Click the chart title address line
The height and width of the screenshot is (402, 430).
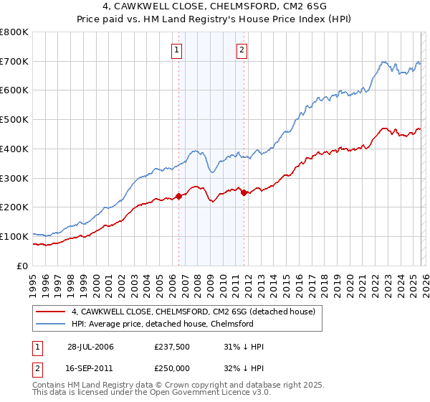pyautogui.click(x=215, y=6)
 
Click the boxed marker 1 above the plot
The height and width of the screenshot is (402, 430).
pyautogui.click(x=177, y=50)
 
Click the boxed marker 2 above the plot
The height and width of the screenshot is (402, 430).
pyautogui.click(x=242, y=50)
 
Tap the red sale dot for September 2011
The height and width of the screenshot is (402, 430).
pyautogui.click(x=244, y=192)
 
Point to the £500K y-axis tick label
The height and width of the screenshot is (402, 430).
pyautogui.click(x=14, y=120)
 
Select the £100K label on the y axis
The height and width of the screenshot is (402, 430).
pyautogui.click(x=14, y=236)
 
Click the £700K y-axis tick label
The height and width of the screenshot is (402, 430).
pyautogui.click(x=14, y=62)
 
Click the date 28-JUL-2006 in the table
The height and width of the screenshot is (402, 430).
pyautogui.click(x=90, y=347)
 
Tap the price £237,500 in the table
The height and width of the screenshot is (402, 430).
pyautogui.click(x=171, y=347)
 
